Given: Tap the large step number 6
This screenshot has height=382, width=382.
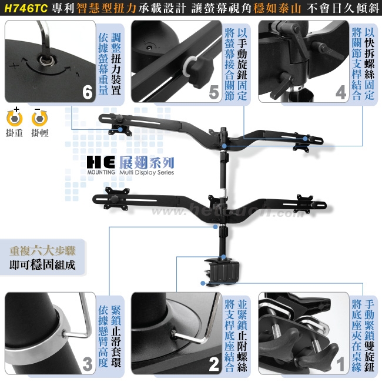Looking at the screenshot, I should tap(88, 93).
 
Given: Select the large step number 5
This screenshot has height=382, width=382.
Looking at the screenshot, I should tap(215, 93).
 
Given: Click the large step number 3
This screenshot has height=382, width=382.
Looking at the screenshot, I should tap(88, 364).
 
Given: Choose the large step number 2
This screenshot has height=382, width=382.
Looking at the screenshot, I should tap(215, 364).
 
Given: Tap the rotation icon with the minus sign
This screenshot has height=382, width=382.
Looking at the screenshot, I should tap(39, 117).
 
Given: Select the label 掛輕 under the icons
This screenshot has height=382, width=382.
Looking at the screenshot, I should tap(39, 133).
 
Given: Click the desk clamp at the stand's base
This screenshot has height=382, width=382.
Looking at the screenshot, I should tap(224, 272).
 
